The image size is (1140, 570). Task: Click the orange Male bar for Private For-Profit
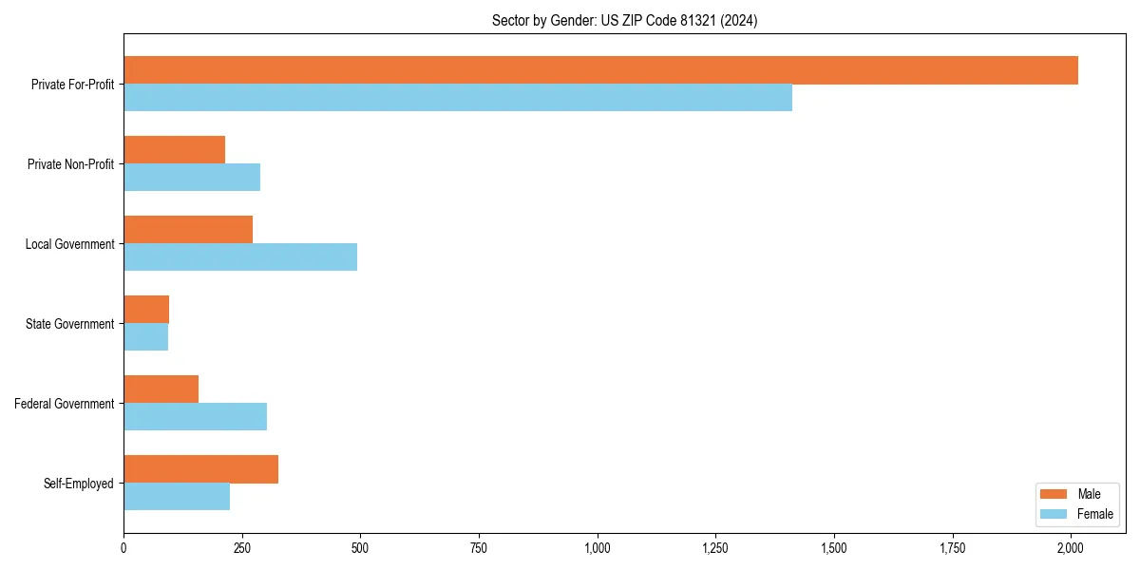(x=600, y=70)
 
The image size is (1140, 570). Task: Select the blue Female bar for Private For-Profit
(x=458, y=98)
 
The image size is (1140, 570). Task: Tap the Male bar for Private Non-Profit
(x=174, y=150)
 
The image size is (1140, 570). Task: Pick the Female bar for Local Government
(x=240, y=257)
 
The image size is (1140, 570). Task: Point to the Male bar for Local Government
(x=188, y=230)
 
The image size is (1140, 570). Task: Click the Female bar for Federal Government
(x=195, y=417)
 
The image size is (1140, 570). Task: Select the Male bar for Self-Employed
(x=200, y=469)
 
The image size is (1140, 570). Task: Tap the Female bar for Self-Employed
(x=177, y=497)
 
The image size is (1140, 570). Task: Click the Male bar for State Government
(x=146, y=310)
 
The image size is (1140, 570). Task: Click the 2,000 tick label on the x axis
(x=1071, y=548)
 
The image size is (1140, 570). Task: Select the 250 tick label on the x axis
(x=242, y=548)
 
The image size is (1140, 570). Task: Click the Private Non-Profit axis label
(x=70, y=164)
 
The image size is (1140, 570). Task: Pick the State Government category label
(x=70, y=324)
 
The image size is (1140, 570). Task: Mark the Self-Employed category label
(x=79, y=484)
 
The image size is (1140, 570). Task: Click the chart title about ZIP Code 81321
(x=624, y=20)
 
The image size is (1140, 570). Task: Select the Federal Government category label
(x=65, y=404)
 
